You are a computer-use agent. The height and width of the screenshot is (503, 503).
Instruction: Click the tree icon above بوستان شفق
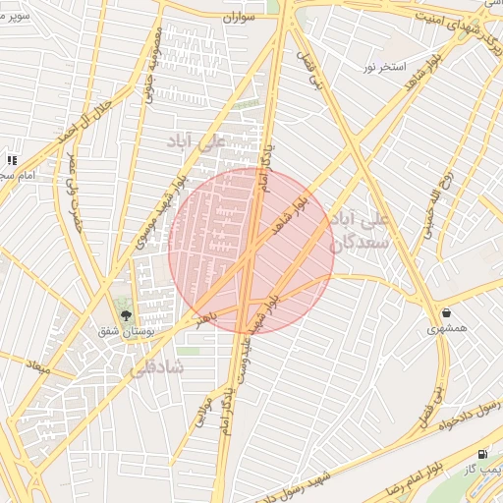point(125,314)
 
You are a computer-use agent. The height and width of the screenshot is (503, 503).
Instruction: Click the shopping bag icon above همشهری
point(447,313)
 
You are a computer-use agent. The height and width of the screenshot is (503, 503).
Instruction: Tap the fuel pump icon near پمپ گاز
point(481,454)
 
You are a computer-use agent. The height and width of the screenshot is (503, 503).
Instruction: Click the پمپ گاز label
point(483,471)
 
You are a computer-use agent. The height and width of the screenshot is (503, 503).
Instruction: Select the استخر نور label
point(383,67)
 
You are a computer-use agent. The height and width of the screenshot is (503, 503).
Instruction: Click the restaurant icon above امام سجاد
point(12,159)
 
